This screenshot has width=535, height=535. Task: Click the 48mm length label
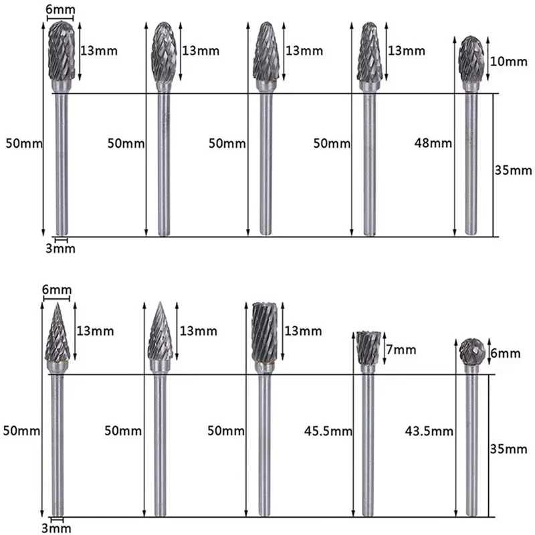[x=433, y=143]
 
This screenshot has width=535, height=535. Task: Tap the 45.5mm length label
[x=328, y=431]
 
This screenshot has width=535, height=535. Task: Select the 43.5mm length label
[x=429, y=431]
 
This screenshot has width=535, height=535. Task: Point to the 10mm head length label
[x=509, y=62]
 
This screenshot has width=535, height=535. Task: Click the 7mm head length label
[x=401, y=350]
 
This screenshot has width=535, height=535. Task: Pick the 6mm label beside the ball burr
[x=506, y=354]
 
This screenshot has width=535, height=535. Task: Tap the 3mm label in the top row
[x=60, y=248]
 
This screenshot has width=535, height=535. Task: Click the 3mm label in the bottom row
[x=56, y=528]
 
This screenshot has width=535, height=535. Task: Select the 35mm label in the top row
[x=513, y=171]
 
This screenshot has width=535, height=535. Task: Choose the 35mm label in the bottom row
[x=508, y=449]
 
